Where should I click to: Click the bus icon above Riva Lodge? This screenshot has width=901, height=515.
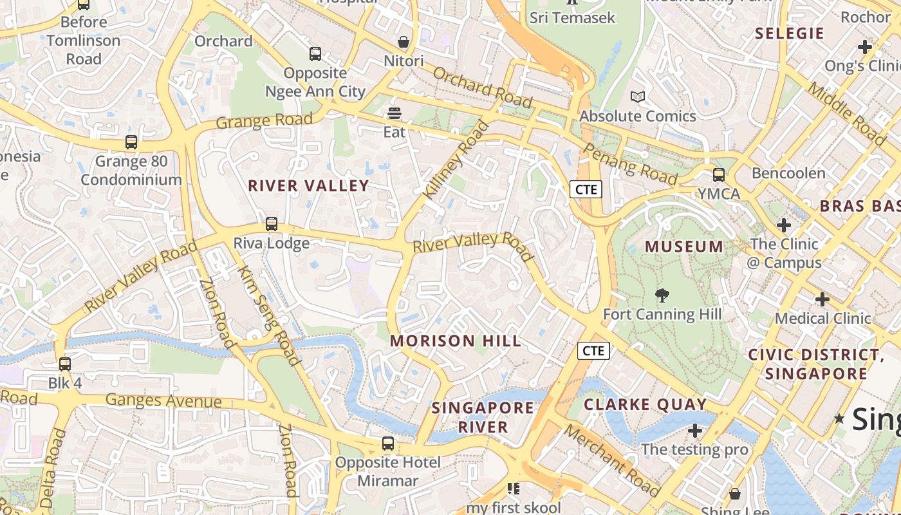272,224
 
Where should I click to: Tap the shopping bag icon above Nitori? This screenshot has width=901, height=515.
404,42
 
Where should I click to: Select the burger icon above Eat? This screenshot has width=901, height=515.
395,114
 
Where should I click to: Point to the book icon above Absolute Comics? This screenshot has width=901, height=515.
638,97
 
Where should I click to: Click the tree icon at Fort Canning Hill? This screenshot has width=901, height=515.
662,295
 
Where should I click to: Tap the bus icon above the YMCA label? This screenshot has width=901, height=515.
719,174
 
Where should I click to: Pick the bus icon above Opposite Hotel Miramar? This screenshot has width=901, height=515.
388,443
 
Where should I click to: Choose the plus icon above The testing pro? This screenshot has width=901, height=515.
694,430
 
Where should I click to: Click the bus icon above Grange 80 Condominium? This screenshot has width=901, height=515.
131,142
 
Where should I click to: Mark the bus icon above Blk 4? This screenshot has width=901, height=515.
64,364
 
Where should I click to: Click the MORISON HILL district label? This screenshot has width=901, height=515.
456,341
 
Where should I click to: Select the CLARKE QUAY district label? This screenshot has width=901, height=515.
645,404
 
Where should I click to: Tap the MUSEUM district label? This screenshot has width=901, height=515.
684,246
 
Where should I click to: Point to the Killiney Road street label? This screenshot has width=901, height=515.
456,159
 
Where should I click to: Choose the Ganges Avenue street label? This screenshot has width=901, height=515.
163,400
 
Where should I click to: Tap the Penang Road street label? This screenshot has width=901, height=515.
630,164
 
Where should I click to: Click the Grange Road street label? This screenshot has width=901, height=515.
264,120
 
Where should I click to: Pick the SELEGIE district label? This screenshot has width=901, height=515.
789,33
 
